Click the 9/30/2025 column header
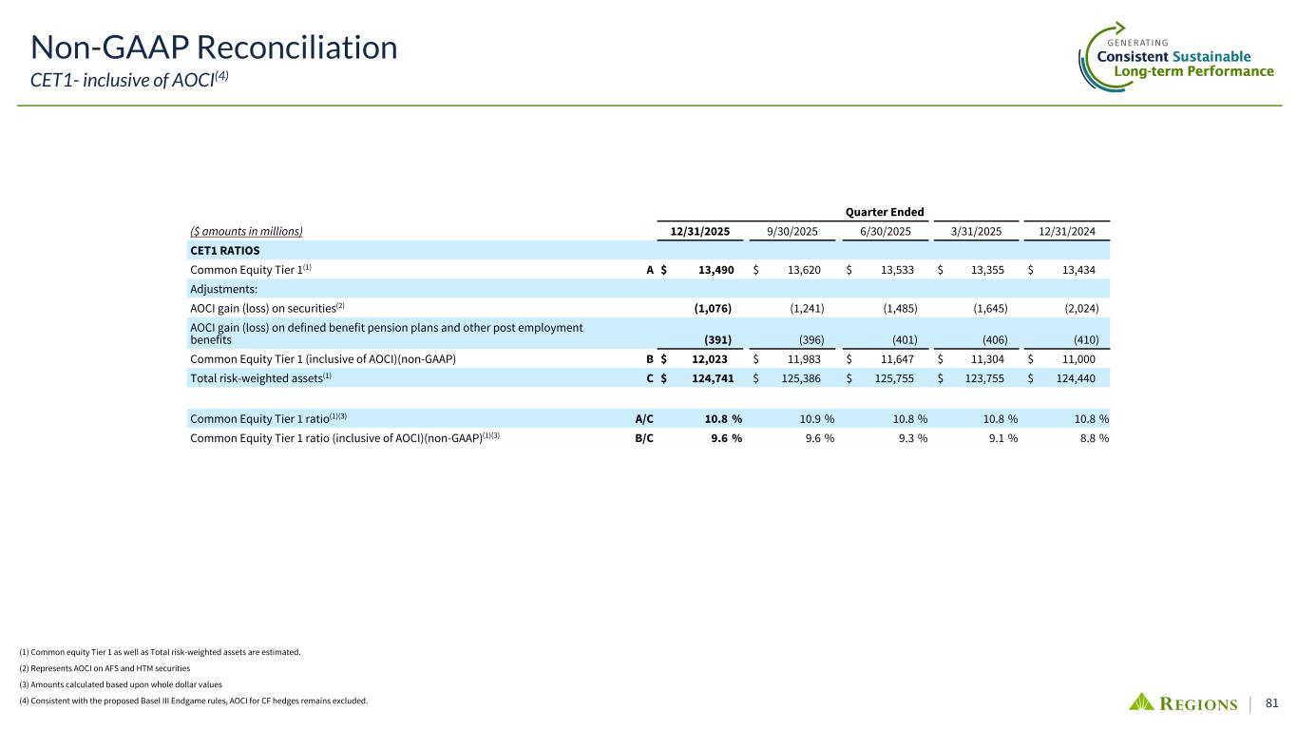pyautogui.click(x=793, y=230)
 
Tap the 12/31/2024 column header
pyautogui.click(x=1071, y=230)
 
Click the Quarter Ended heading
pyautogui.click(x=884, y=211)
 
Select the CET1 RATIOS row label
pyautogui.click(x=224, y=250)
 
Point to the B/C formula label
pyautogui.click(x=643, y=438)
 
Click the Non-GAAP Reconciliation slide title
pyautogui.click(x=214, y=47)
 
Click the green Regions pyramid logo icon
pyautogui.click(x=1142, y=702)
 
